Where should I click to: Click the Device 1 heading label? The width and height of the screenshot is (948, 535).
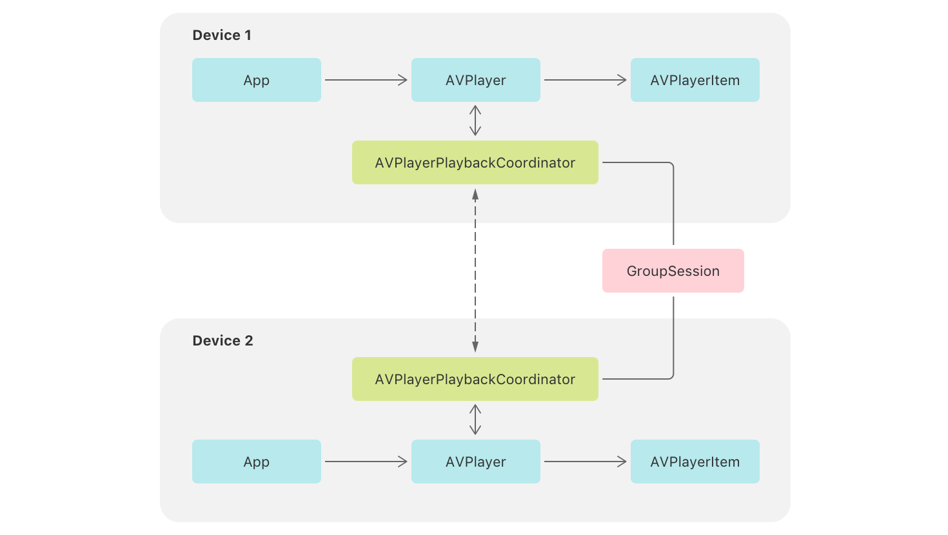point(222,35)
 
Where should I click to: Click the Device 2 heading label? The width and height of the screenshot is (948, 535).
point(222,341)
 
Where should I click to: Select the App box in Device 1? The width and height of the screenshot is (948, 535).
point(256,80)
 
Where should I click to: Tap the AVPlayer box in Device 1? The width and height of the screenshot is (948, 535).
point(475,80)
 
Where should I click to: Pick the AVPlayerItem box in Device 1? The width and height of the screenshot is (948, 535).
point(695,80)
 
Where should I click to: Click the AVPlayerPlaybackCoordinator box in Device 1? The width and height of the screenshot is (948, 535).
point(475,162)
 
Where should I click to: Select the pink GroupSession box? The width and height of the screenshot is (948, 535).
point(673,271)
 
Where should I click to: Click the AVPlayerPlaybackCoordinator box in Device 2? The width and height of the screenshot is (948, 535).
point(475,379)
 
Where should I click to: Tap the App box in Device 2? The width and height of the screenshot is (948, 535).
point(256,462)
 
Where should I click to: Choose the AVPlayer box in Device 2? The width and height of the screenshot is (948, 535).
point(475,462)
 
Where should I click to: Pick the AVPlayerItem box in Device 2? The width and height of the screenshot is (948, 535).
point(695,462)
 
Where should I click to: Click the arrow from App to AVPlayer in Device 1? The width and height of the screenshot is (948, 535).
point(366,80)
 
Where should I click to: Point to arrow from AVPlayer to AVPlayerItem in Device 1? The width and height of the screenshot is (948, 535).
point(585,80)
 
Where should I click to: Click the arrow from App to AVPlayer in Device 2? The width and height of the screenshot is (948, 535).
point(366,462)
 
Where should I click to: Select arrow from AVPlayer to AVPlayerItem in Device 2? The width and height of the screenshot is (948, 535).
point(585,462)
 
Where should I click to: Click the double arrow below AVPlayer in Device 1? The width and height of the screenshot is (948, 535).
point(475,121)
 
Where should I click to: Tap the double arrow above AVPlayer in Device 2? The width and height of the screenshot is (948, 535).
point(475,420)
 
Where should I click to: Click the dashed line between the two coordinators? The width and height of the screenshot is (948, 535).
point(475,271)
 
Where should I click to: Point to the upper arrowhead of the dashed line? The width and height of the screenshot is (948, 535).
point(475,194)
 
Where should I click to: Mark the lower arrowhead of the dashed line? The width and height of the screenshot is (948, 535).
point(475,347)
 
